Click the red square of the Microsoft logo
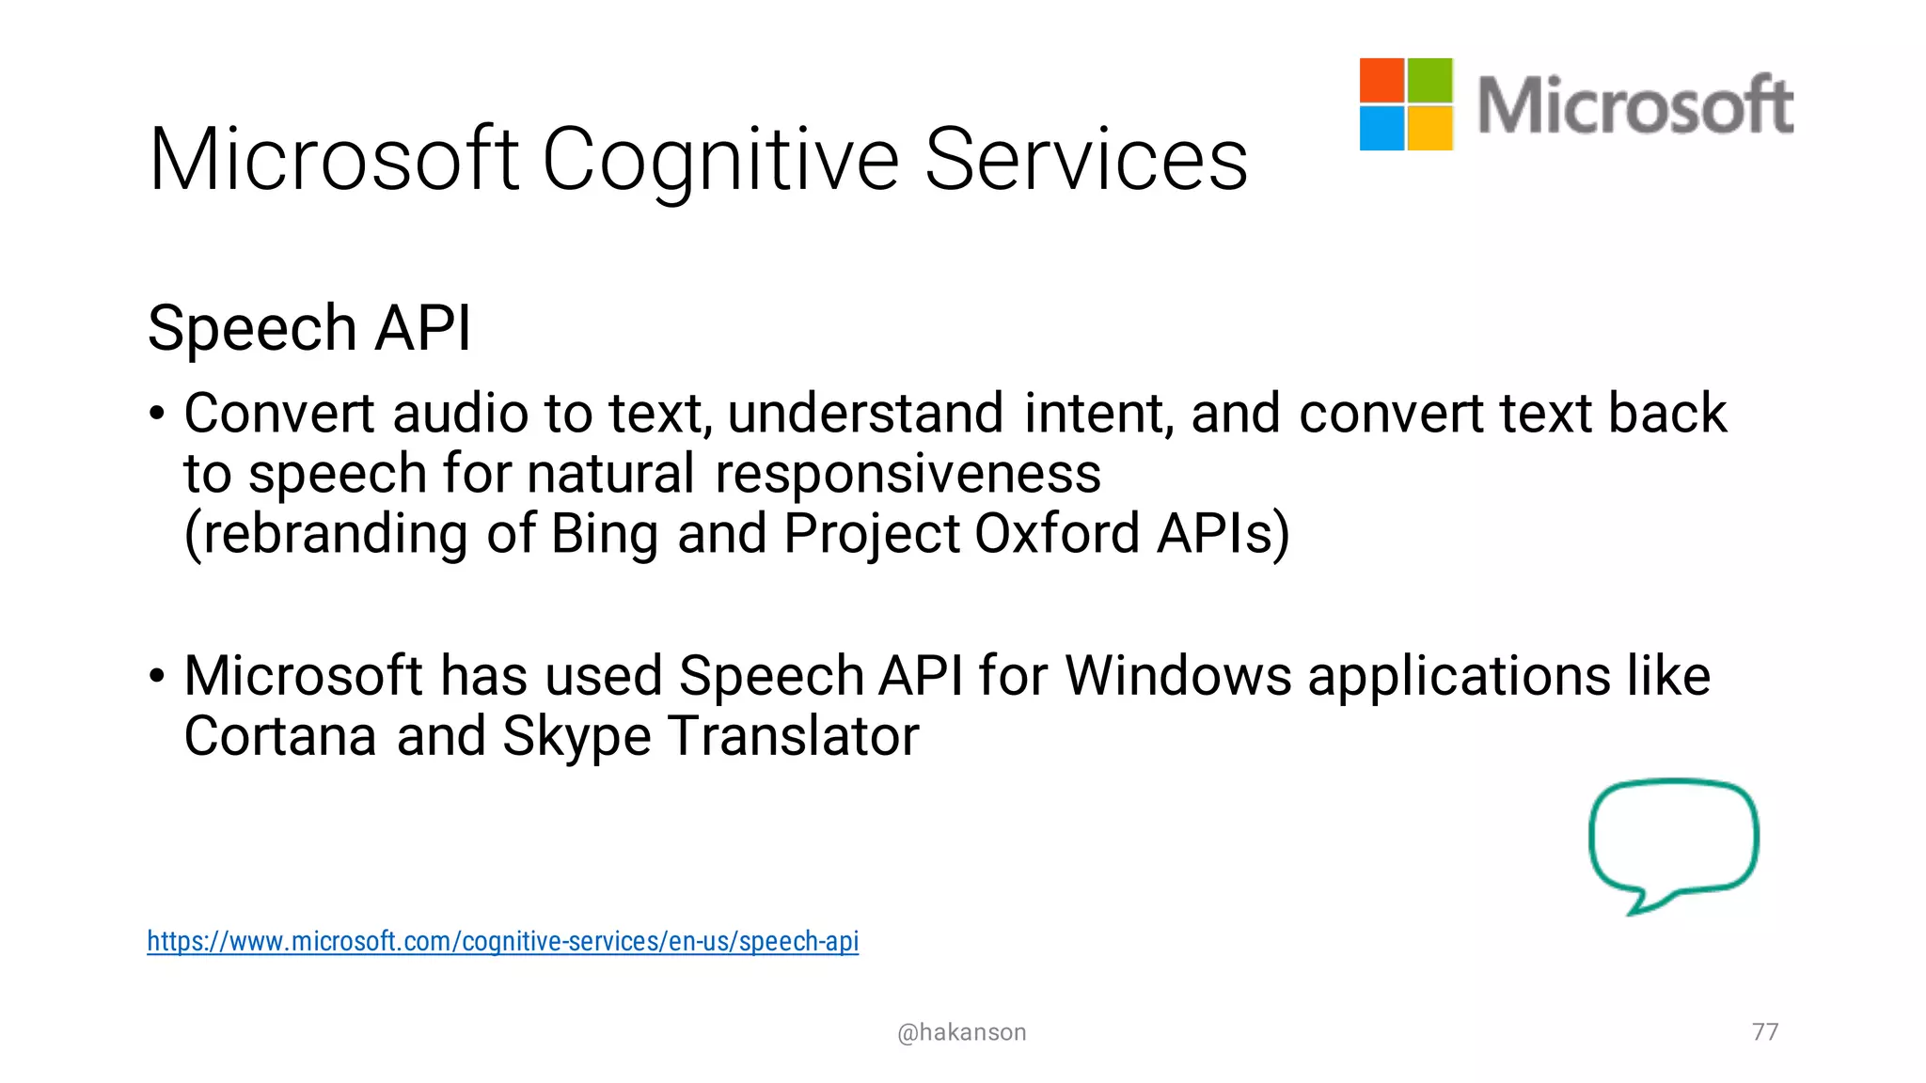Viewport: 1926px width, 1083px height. [x=1381, y=80]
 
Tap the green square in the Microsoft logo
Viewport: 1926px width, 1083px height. [x=1430, y=80]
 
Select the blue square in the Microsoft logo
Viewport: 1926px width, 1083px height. [x=1381, y=128]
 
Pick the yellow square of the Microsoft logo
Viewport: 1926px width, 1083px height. [x=1430, y=128]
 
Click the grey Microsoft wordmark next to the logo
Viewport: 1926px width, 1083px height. [x=1634, y=105]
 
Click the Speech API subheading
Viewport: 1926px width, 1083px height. [x=309, y=328]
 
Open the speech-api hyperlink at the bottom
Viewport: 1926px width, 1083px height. [x=502, y=941]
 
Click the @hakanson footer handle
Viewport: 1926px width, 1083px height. [x=961, y=1032]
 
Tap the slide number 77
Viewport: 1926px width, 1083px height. [x=1765, y=1031]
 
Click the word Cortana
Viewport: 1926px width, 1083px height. [x=280, y=736]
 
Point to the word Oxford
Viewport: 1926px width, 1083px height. [x=1057, y=534]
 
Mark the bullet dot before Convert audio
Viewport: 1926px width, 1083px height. [x=157, y=414]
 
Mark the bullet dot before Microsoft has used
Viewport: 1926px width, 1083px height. [x=157, y=676]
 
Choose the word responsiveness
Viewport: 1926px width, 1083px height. [x=908, y=474]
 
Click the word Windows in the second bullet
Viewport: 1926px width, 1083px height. [x=1177, y=676]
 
